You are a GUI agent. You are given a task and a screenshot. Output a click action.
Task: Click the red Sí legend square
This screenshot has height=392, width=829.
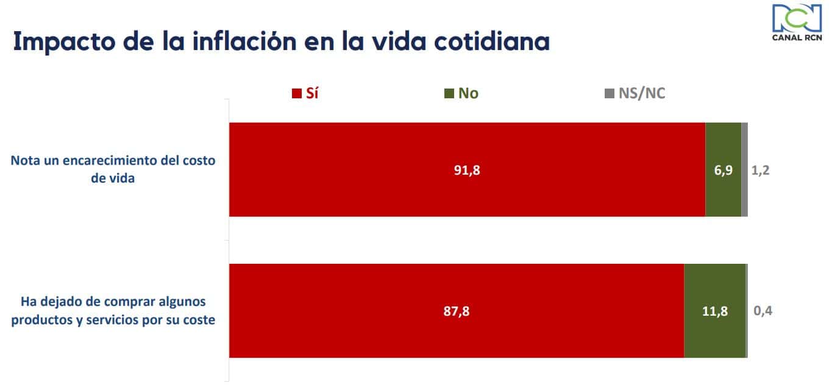[x=297, y=93]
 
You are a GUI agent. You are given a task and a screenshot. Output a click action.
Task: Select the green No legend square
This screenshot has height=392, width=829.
[x=449, y=93]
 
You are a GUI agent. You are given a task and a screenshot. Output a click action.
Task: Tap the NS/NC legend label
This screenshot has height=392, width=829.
[x=641, y=93]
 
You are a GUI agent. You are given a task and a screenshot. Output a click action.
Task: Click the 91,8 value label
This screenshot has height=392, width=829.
[x=467, y=170]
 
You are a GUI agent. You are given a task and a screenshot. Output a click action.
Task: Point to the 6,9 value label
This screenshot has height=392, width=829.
[x=723, y=170]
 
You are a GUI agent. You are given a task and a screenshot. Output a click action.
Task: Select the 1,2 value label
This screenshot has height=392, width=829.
[x=760, y=170]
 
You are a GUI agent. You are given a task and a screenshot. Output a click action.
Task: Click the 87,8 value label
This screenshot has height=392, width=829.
[x=457, y=311]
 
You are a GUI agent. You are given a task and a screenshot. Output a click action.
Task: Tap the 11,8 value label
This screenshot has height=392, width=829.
[x=714, y=311]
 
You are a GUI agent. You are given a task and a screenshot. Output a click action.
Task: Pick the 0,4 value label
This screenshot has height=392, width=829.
[x=763, y=311]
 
